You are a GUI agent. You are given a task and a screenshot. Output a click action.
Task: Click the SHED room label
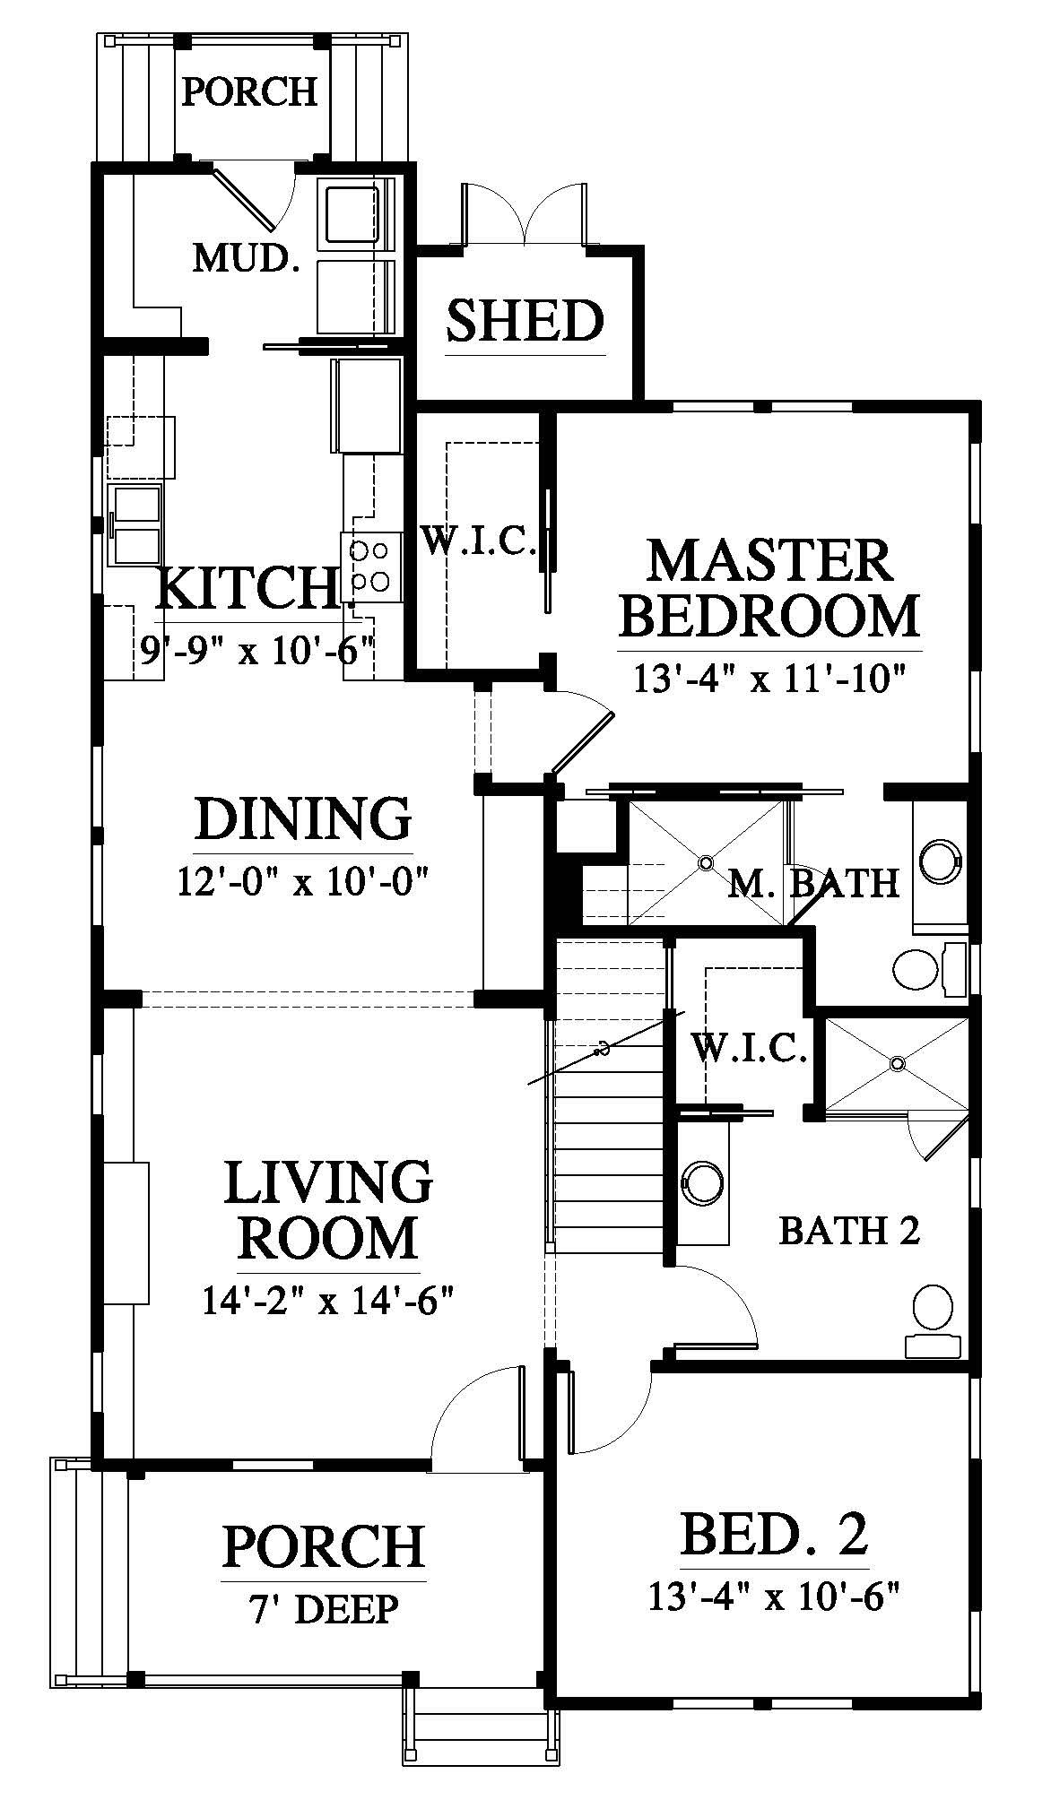[x=525, y=321]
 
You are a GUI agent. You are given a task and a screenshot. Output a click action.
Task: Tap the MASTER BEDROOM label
[x=769, y=587]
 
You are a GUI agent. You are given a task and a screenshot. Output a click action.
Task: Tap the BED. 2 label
[x=775, y=1534]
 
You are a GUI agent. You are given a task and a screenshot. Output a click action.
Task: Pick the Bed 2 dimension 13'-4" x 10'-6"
[x=773, y=1597]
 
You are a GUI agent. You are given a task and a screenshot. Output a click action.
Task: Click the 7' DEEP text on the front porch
[x=324, y=1609]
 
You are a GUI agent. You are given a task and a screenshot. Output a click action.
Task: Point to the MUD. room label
[x=246, y=259]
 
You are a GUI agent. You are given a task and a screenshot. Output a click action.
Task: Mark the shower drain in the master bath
[x=706, y=862]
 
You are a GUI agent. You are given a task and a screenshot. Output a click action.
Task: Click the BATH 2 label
[x=849, y=1231]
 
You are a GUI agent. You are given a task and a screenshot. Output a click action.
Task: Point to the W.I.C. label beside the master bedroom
[x=479, y=542]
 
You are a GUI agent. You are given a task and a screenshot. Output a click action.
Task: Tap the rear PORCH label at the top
[x=250, y=91]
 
